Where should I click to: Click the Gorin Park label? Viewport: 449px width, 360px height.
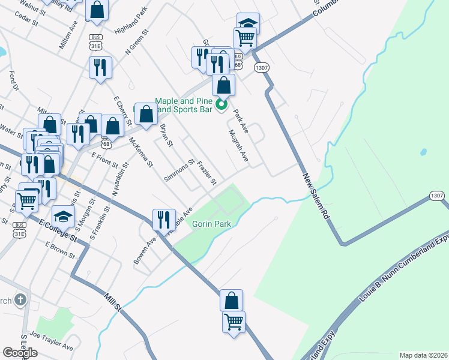coord(208,224)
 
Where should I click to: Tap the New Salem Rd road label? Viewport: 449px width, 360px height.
coord(318,196)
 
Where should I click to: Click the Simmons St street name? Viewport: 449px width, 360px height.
coord(179,170)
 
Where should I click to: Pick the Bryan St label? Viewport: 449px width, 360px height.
coord(166,136)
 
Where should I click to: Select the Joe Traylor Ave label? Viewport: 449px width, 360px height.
coord(52,343)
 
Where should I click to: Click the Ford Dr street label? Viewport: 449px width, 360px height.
coord(14,80)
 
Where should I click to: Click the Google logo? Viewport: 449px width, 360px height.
coord(20,353)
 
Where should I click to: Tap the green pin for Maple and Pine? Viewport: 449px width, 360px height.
coord(221,107)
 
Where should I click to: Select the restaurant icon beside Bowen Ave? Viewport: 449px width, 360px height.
coord(163,220)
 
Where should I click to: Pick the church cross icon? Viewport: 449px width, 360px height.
coord(20,299)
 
